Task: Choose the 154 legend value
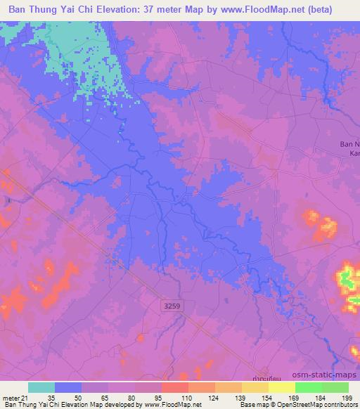267,398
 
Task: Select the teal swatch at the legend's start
41,388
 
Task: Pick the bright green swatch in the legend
309,388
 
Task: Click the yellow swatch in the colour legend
282,388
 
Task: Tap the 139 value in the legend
240,398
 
